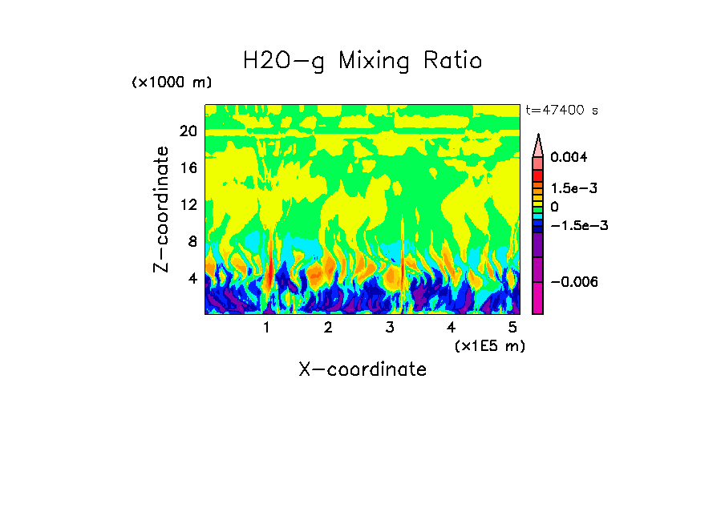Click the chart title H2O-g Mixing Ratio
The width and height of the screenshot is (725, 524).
pos(362,61)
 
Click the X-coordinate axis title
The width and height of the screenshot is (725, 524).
pos(362,369)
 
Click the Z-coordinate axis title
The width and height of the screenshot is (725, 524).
pos(162,209)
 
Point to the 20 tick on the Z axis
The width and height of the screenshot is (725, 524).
pos(188,131)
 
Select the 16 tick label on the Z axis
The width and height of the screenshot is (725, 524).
pos(188,168)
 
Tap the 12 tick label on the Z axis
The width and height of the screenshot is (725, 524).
pos(188,205)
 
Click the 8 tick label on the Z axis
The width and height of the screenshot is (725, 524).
pos(192,242)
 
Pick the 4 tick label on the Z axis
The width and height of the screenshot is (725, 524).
pos(192,279)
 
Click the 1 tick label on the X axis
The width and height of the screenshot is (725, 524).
pos(266,327)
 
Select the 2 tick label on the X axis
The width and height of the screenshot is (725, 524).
pos(328,327)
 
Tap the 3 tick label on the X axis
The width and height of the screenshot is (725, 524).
pos(390,327)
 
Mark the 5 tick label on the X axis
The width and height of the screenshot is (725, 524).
pos(512,327)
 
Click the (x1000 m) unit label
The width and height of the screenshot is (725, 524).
pos(172,83)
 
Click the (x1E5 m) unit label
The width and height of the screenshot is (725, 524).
pos(489,345)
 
